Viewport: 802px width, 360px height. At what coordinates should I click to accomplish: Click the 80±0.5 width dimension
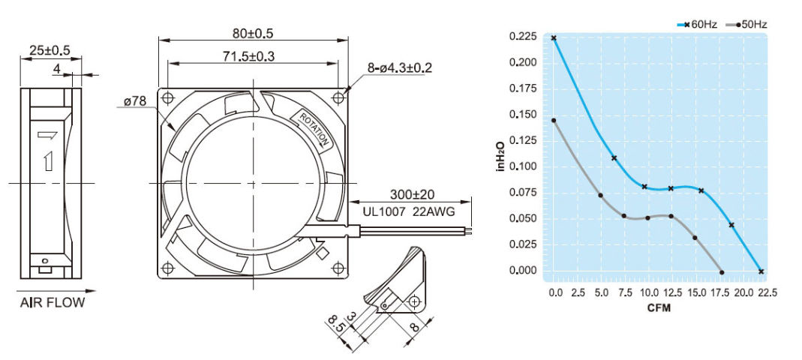point(253,34)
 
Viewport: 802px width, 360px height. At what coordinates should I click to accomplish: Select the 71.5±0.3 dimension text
point(252,57)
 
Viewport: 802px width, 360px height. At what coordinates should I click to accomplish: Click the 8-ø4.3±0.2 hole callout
point(399,68)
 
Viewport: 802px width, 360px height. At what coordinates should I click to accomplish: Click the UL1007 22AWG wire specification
point(409,211)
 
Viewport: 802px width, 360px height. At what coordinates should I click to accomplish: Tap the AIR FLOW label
point(53,303)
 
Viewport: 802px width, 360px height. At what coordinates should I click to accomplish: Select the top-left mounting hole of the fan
point(168,97)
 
